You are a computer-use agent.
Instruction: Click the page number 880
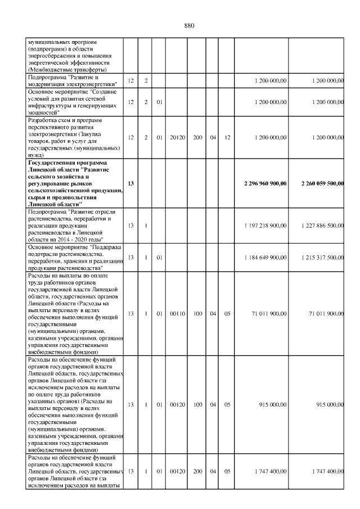pyautogui.click(x=188, y=26)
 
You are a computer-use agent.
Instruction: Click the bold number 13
pyautogui.click(x=130, y=183)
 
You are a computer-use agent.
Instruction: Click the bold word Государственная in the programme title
pyautogui.click(x=52, y=163)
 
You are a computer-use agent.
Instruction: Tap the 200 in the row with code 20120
pyautogui.click(x=198, y=137)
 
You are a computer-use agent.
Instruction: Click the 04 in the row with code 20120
pyautogui.click(x=213, y=137)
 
